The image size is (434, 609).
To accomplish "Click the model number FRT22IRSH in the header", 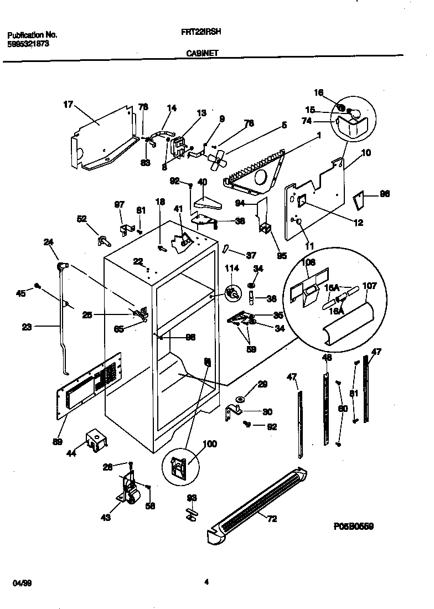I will (x=201, y=32).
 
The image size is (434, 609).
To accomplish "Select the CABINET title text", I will (x=201, y=54).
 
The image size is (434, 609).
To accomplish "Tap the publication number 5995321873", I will (x=28, y=43).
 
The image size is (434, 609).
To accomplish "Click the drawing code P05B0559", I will (x=353, y=527).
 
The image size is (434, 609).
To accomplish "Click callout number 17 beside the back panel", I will (x=68, y=104).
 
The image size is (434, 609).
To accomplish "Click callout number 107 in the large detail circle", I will (x=369, y=287).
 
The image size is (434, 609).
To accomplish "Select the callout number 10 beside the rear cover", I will (x=366, y=152).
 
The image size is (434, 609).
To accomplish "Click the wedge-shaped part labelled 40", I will (x=205, y=203).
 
